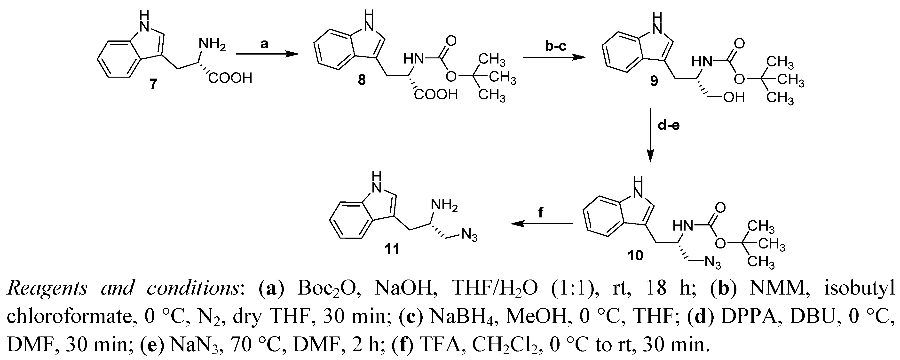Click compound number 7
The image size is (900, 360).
tap(154, 84)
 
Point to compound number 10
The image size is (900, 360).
tap(635, 256)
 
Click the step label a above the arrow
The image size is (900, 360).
tap(264, 44)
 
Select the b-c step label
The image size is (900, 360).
tap(555, 46)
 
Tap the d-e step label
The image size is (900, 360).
tap(668, 125)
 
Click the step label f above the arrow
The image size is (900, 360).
tap(540, 212)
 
